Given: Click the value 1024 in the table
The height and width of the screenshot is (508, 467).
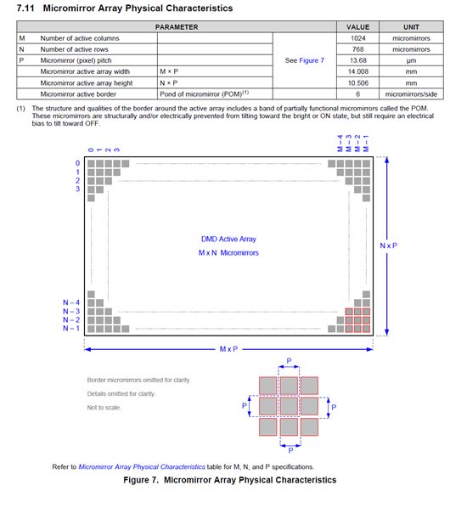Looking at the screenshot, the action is pos(357,38).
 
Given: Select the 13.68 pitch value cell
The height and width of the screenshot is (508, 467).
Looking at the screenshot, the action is pos(357,60).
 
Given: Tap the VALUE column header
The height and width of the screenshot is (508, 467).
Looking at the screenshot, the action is pos(357,27).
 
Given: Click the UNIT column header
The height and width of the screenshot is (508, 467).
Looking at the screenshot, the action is pos(411,27).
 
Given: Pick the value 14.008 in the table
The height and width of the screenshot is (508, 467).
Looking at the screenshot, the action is pos(357,71).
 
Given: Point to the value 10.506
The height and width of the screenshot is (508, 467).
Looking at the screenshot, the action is pos(357,83).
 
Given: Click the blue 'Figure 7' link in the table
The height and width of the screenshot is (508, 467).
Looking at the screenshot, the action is pos(312,60).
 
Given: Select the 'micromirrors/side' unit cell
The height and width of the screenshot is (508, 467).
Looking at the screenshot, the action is pos(411,94).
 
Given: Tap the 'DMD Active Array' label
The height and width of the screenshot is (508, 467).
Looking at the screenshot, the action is pos(228,239).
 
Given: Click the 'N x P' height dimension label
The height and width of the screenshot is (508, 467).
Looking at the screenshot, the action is pos(388,246).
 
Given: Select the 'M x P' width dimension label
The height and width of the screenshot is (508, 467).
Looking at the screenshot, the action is pos(228,349).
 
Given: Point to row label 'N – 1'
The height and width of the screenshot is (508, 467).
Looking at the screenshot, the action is pos(71,329).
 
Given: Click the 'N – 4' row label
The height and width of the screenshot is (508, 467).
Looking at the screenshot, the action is pos(71,302).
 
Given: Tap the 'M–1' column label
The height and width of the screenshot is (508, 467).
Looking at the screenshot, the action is pos(366,144).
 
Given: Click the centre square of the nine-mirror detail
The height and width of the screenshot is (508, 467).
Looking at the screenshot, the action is pos(289,406).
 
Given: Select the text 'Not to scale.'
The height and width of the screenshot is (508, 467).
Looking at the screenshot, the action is pos(104,407).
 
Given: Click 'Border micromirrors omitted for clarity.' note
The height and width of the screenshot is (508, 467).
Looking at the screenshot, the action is pos(139,380).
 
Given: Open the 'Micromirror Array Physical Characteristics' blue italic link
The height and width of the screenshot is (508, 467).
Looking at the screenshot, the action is pos(142,467).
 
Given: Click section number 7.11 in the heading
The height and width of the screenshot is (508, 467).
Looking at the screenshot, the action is pos(25,8).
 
